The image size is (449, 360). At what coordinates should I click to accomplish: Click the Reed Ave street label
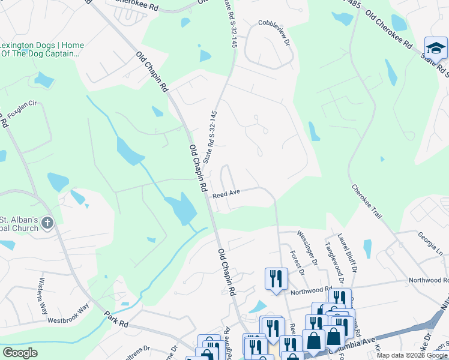[227, 193]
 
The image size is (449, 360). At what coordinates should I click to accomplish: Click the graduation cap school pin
[436, 48]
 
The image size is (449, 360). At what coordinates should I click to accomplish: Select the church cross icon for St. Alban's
[47, 224]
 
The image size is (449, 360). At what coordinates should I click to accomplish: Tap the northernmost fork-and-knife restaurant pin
[276, 278]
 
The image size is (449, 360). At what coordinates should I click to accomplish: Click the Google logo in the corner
[20, 353]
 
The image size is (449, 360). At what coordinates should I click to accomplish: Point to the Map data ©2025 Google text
[412, 355]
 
